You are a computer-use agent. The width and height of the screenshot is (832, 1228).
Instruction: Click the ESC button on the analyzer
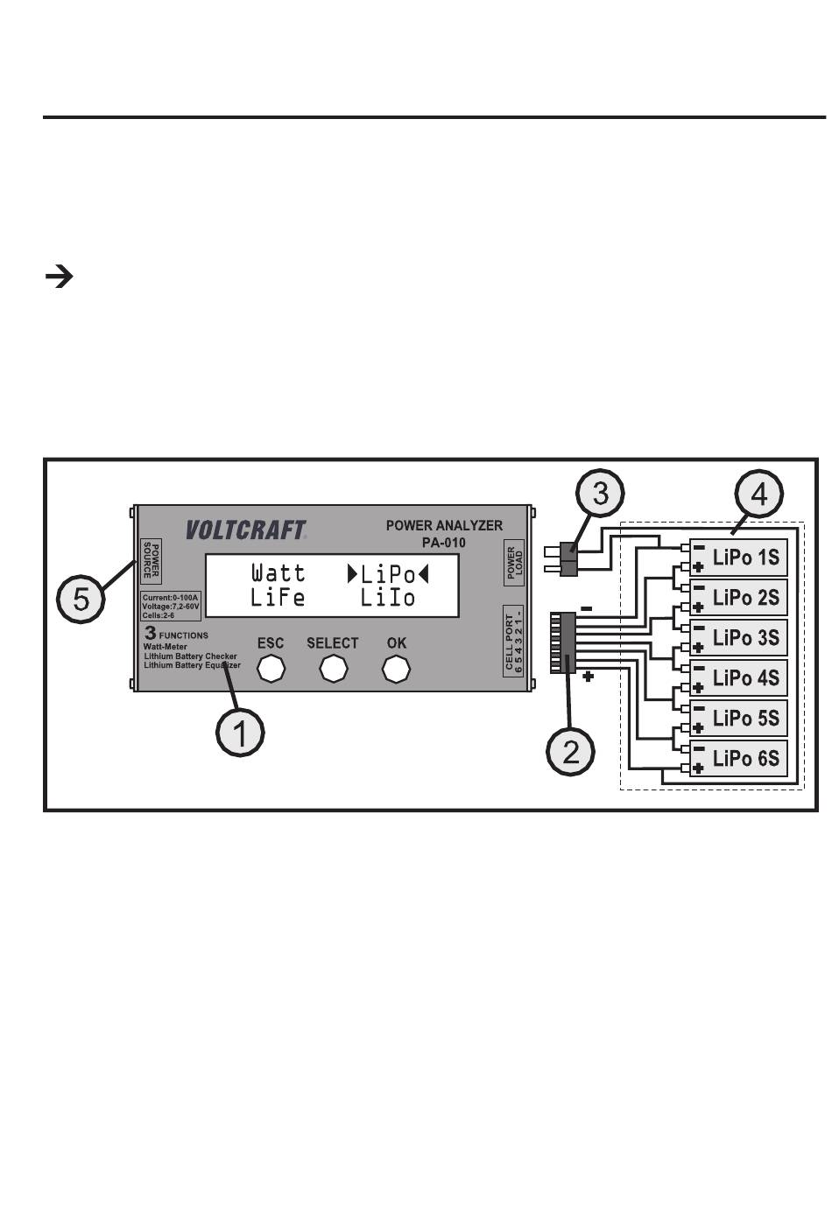[271, 669]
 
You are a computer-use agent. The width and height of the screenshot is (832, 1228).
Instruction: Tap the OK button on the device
[396, 669]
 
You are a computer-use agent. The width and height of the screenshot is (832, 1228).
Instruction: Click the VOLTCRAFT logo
[246, 530]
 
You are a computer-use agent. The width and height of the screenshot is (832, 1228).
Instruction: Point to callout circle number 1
[240, 733]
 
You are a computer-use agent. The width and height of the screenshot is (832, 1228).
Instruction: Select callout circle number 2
[570, 751]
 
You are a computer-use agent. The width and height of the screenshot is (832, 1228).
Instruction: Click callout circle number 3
[600, 493]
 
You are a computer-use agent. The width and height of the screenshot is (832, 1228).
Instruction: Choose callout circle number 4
[758, 494]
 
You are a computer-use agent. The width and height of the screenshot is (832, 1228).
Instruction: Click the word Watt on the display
[279, 573]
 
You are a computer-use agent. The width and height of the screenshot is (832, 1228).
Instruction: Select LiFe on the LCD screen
[278, 598]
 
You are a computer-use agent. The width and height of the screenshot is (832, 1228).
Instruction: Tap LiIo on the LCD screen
[387, 598]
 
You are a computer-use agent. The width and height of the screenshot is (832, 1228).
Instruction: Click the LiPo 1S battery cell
[738, 557]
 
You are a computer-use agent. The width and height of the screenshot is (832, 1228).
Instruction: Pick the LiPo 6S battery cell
[738, 758]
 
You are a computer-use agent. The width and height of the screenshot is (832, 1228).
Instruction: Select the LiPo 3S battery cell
[738, 637]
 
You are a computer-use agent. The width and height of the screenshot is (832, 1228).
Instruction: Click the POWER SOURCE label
[151, 559]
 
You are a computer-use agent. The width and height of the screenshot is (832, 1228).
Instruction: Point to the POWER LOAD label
[514, 563]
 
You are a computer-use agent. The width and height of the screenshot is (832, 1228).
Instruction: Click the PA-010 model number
[443, 543]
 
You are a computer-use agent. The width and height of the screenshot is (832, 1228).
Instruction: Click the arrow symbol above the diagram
[60, 277]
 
